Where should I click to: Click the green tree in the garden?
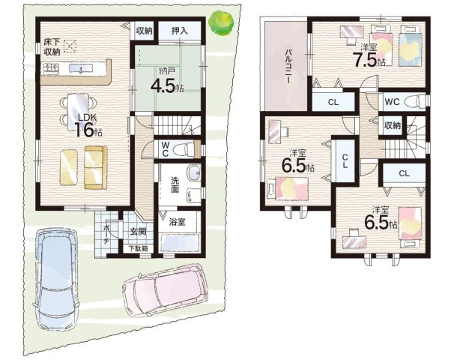click(x=222, y=23)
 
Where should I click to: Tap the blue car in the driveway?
click(x=56, y=279)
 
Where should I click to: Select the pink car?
click(x=166, y=290)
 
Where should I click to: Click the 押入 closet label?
click(x=179, y=31)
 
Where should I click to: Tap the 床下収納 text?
click(x=52, y=46)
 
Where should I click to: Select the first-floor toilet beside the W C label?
click(x=183, y=149)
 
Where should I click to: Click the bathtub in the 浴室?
click(x=180, y=242)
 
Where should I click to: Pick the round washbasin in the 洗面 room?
click(x=193, y=173)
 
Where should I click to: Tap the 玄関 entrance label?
click(x=138, y=232)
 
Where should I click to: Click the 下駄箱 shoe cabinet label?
click(x=139, y=248)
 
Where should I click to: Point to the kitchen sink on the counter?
click(x=81, y=68)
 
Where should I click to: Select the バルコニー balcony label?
click(x=288, y=66)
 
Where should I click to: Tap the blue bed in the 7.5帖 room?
click(x=409, y=46)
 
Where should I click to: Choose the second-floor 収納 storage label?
click(x=393, y=125)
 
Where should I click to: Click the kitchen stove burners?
click(x=51, y=68)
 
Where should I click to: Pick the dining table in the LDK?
click(x=78, y=112)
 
